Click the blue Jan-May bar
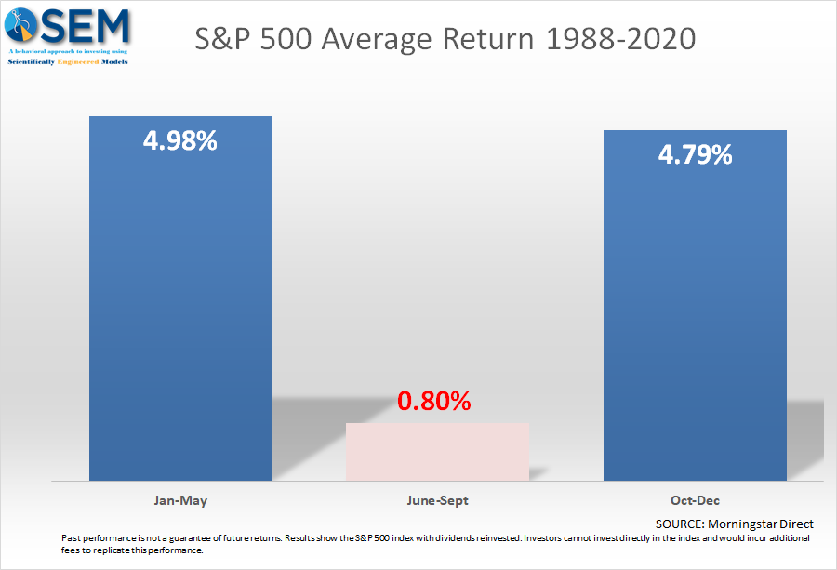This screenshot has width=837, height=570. (x=180, y=298)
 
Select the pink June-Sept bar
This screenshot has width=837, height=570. (x=438, y=452)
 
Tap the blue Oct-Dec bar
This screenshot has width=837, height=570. (x=695, y=305)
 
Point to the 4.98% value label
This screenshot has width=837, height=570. (x=179, y=141)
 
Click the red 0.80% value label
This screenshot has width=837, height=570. (x=434, y=402)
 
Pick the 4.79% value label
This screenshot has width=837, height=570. (x=695, y=154)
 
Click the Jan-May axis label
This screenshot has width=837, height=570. (x=180, y=500)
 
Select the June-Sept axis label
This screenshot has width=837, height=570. (x=438, y=500)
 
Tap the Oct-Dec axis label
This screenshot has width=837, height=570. (x=695, y=500)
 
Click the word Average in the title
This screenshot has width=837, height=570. (x=377, y=39)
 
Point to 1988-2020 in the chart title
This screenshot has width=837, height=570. (x=621, y=39)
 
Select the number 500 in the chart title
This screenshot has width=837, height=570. (x=286, y=39)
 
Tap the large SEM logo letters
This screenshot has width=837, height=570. (x=86, y=26)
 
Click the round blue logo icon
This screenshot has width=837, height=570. (x=20, y=24)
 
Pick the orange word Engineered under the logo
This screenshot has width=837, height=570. (x=78, y=62)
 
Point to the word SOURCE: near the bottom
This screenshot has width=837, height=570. (x=680, y=524)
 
